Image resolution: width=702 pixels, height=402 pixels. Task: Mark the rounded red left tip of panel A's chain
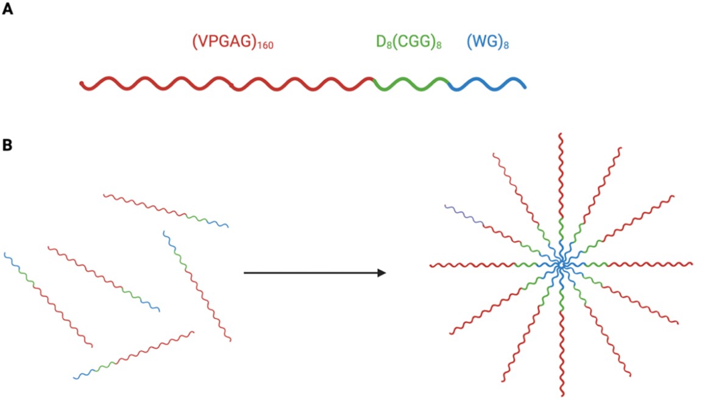[82, 83]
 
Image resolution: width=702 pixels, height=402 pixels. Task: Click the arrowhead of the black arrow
[381, 273]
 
